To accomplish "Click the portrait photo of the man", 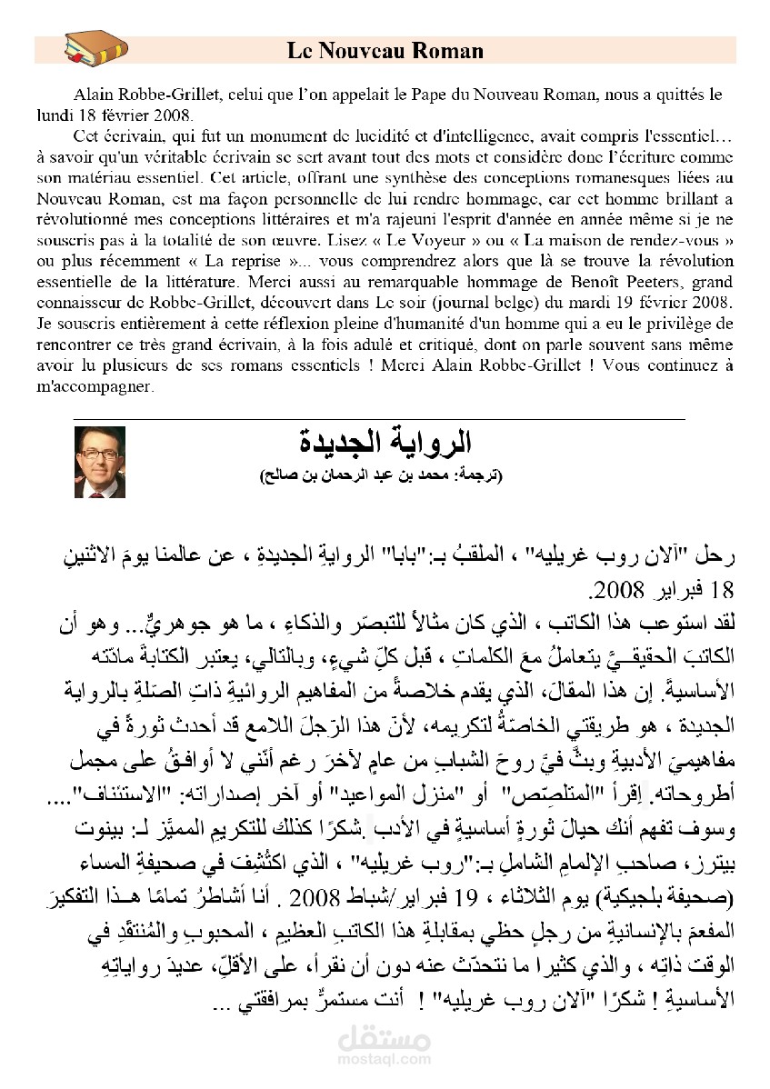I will coord(99,462).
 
